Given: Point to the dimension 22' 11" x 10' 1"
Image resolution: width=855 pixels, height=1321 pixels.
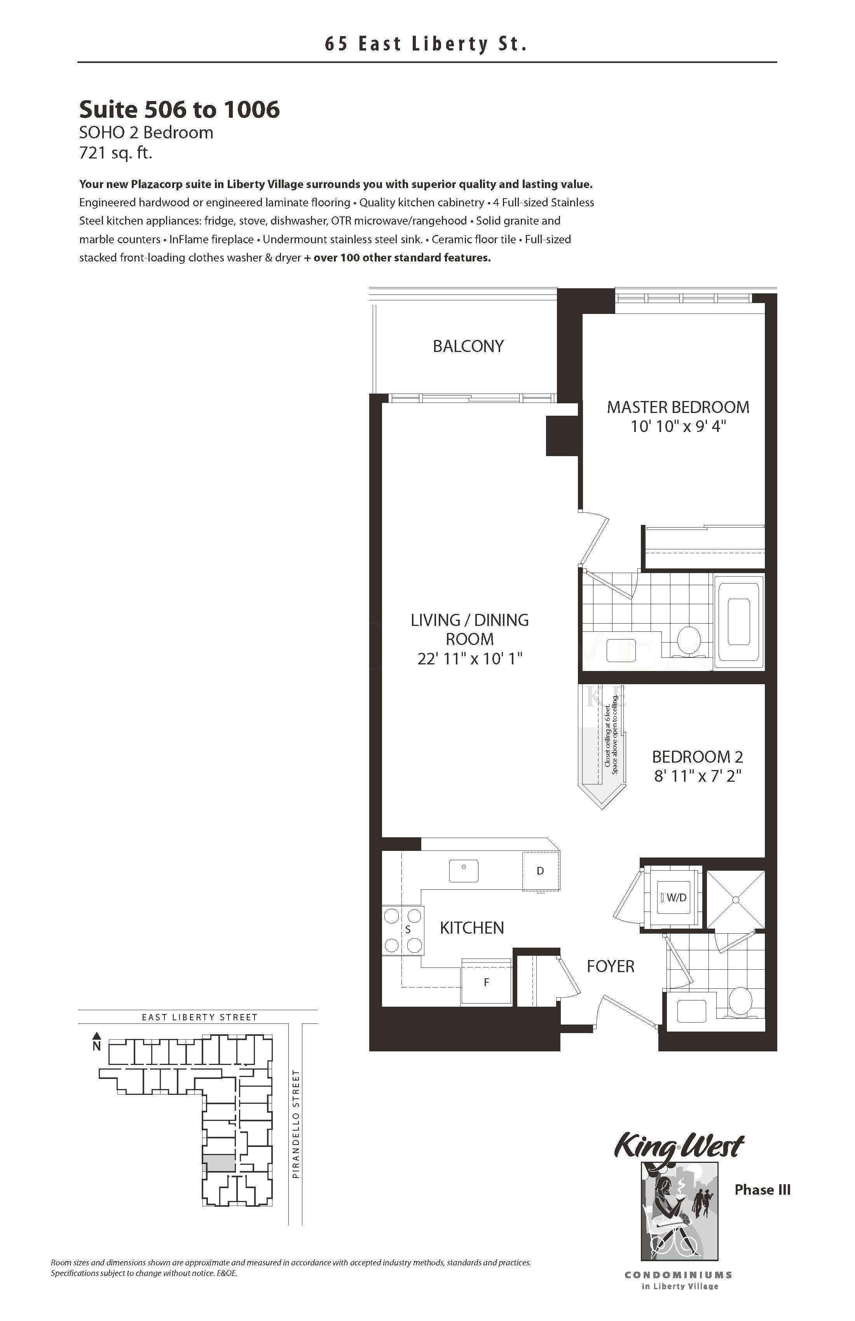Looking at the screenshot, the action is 470,659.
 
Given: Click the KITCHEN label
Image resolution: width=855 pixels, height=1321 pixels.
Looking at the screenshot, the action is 472,928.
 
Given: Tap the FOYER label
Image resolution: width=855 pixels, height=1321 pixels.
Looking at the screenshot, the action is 611,966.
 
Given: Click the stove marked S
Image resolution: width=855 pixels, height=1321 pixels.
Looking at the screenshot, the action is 403,930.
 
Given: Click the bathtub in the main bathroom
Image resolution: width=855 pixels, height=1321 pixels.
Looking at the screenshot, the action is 739,622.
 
